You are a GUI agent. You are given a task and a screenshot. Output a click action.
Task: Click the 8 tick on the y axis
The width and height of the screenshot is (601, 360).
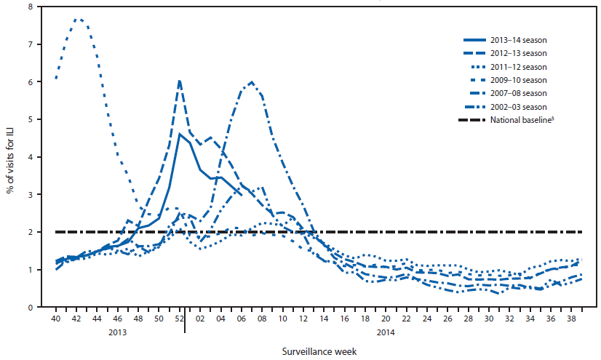pyautogui.click(x=30, y=7)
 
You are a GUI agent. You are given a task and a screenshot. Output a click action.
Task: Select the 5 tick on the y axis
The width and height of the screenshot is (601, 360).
pyautogui.click(x=30, y=119)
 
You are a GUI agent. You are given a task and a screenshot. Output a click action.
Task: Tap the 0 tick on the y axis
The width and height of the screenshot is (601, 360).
pyautogui.click(x=30, y=307)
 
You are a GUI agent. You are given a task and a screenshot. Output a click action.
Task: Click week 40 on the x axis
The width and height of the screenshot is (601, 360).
pyautogui.click(x=56, y=319)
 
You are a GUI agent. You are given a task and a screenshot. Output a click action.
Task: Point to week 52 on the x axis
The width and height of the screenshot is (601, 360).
pyautogui.click(x=179, y=319)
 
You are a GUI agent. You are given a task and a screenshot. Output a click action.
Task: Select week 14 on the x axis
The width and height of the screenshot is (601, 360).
pyautogui.click(x=323, y=319)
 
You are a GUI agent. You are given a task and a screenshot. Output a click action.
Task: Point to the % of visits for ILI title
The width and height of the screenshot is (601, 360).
pyautogui.click(x=10, y=157)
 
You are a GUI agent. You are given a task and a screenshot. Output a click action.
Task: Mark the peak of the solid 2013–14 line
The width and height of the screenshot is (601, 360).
pyautogui.click(x=179, y=134)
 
